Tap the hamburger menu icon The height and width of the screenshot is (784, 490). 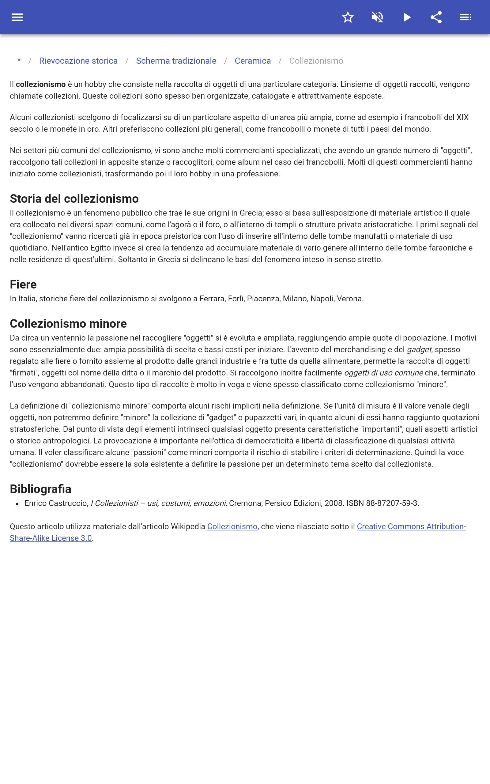(x=17, y=17)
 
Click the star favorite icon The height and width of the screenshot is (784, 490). (x=348, y=17)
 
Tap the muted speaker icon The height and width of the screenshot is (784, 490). (x=377, y=17)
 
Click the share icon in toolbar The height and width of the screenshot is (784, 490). (x=436, y=17)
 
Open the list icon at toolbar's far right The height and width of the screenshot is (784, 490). (x=466, y=17)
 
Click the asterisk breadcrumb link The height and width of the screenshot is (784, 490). (x=19, y=61)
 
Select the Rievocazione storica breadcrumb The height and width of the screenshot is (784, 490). (x=78, y=61)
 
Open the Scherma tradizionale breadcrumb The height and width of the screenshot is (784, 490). (x=176, y=61)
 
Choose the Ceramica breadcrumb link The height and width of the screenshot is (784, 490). (x=252, y=61)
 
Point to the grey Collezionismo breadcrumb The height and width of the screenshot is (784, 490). (x=316, y=61)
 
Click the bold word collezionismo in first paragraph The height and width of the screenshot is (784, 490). (x=40, y=84)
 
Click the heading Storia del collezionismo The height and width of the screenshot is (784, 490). (x=74, y=198)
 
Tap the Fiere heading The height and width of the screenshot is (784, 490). (x=23, y=284)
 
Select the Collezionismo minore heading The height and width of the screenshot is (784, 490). (x=68, y=323)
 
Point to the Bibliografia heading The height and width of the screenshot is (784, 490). (x=40, y=488)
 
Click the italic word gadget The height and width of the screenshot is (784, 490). (x=419, y=349)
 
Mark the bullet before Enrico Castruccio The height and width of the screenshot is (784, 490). (x=17, y=504)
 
